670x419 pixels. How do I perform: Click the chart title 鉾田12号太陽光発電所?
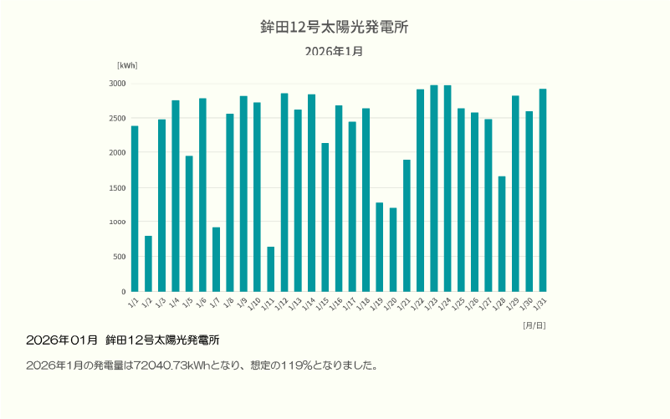334,27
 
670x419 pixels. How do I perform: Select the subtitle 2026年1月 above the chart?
334,51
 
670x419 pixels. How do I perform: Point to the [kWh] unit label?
127,65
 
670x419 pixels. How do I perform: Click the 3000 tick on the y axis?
117,84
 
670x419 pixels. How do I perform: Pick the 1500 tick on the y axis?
117,187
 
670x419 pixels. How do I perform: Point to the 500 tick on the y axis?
120,257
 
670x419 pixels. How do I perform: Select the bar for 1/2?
148,263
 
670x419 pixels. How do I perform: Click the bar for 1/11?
270,269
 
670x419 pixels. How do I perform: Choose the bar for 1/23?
433,188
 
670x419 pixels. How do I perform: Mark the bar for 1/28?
502,234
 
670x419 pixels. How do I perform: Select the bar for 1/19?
379,247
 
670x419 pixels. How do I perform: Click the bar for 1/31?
542,190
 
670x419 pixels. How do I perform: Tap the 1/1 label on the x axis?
133,301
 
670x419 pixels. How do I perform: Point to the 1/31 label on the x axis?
540,304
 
